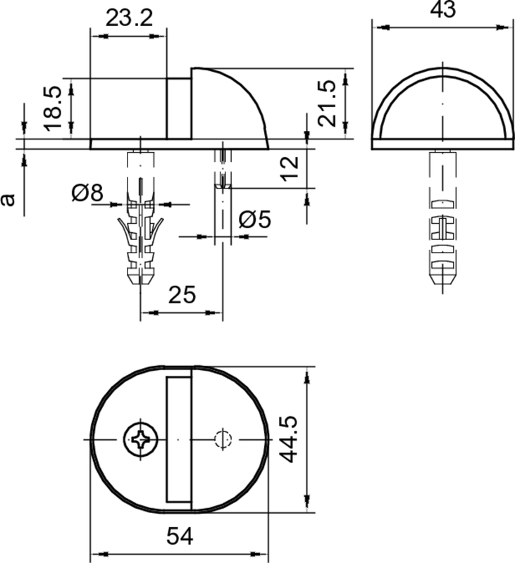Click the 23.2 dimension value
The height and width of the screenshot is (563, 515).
click(x=129, y=19)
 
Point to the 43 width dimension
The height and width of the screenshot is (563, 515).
click(x=442, y=10)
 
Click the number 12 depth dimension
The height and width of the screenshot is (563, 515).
click(x=290, y=168)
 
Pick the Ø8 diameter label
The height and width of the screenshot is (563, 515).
click(x=87, y=192)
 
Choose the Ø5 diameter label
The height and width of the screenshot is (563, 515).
click(x=254, y=220)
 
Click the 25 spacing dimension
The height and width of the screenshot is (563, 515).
click(x=182, y=295)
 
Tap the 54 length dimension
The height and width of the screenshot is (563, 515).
click(x=180, y=537)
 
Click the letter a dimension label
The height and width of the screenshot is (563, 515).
click(x=8, y=199)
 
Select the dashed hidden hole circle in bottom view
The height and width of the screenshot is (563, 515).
click(x=223, y=439)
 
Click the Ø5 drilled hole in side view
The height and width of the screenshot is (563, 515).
click(x=223, y=204)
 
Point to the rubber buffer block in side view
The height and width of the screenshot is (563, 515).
click(x=179, y=108)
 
